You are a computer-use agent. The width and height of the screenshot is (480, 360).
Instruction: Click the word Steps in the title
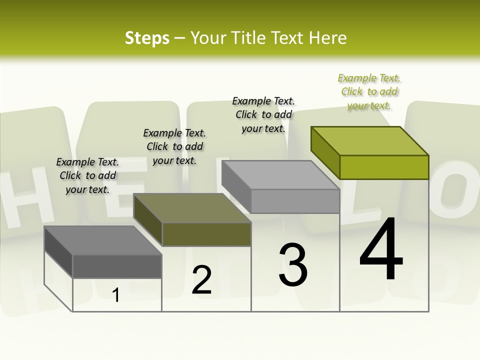pyautogui.click(x=147, y=38)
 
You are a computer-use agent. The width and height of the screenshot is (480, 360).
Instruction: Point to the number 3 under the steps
pyautogui.click(x=292, y=265)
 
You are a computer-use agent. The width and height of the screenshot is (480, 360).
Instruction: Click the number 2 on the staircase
pyautogui.click(x=201, y=280)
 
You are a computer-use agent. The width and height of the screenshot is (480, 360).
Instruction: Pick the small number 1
pyautogui.click(x=116, y=295)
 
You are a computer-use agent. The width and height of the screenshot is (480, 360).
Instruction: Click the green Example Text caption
pyautogui.click(x=369, y=92)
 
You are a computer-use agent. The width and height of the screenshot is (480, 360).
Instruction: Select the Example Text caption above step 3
pyautogui.click(x=263, y=115)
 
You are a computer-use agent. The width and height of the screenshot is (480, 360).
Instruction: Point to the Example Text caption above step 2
pyautogui.click(x=174, y=146)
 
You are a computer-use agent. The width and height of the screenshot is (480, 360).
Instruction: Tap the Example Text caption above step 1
pyautogui.click(x=87, y=175)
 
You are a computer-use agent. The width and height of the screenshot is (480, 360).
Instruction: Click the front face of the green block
pyautogui.click(x=384, y=167)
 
